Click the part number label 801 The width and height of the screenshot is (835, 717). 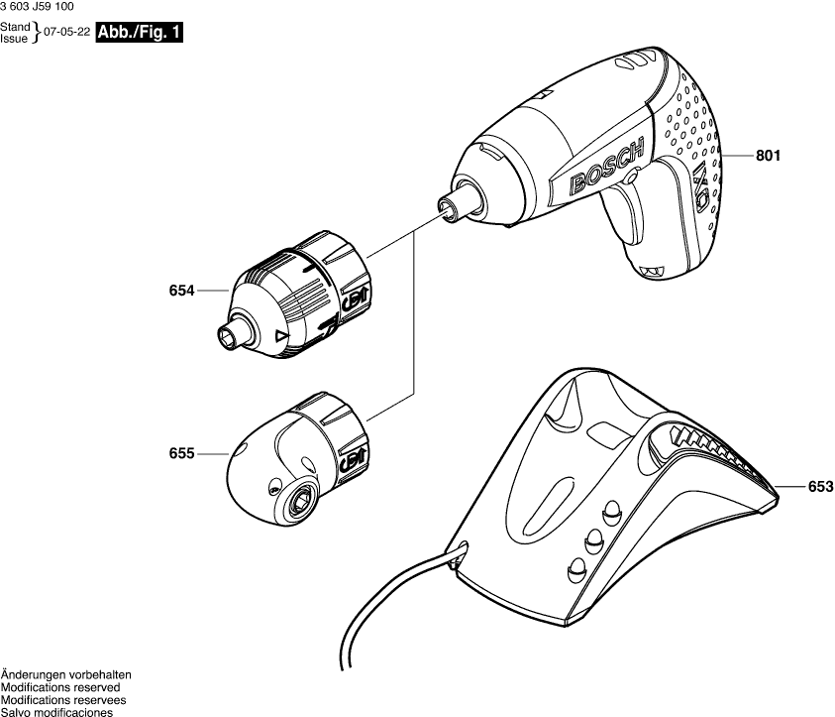(769, 156)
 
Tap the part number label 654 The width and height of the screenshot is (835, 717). (182, 292)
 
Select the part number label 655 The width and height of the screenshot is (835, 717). (182, 453)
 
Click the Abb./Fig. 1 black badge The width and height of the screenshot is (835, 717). (140, 32)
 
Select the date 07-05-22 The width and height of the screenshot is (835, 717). (69, 33)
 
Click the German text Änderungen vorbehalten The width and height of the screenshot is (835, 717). (65, 674)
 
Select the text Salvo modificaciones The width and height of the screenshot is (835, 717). (55, 711)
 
